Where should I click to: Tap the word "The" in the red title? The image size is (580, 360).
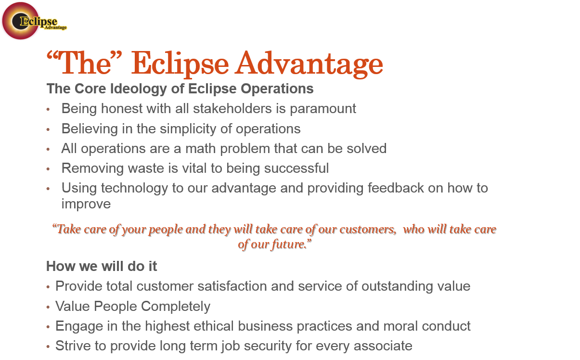point(87,64)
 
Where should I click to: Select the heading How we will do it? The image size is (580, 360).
point(102,266)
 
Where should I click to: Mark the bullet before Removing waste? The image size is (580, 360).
point(48,169)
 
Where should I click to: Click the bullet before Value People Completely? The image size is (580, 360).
point(48,307)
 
